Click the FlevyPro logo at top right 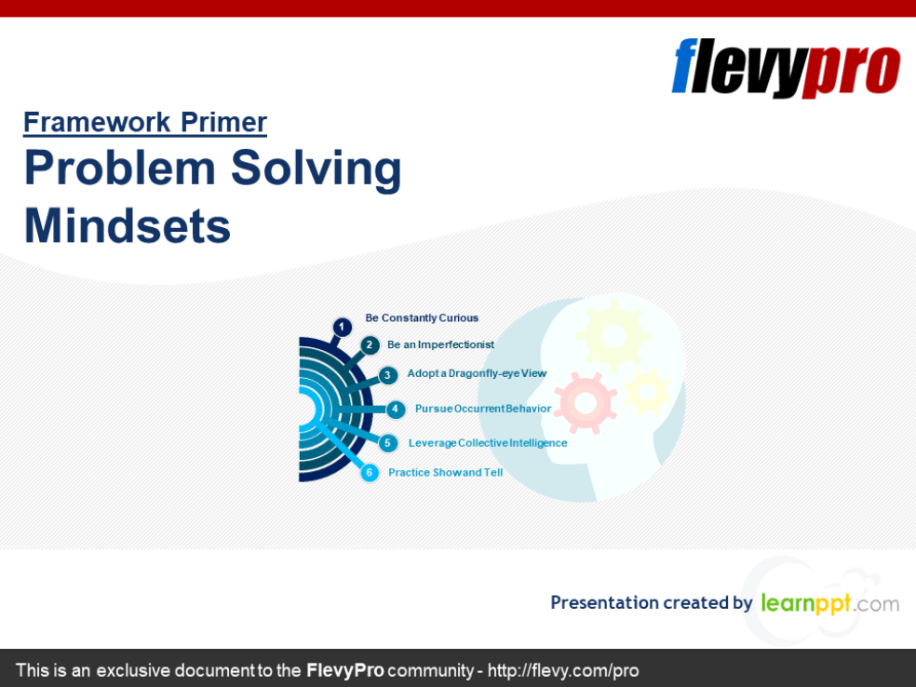tap(786, 67)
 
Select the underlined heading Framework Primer tap(145, 122)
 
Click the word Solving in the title tap(316, 168)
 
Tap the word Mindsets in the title tap(128, 225)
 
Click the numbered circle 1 tap(343, 327)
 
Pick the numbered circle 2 tap(370, 345)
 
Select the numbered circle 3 tap(388, 375)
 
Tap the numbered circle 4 tap(396, 409)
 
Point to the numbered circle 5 tap(388, 443)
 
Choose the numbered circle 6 tap(370, 473)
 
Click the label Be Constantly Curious tap(422, 318)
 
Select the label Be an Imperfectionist tap(440, 344)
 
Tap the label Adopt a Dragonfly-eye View tap(477, 373)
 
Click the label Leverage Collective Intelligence tap(488, 443)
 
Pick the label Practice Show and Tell tap(445, 473)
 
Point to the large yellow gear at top tap(613, 333)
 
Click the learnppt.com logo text tap(829, 603)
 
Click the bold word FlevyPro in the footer tap(345, 670)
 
